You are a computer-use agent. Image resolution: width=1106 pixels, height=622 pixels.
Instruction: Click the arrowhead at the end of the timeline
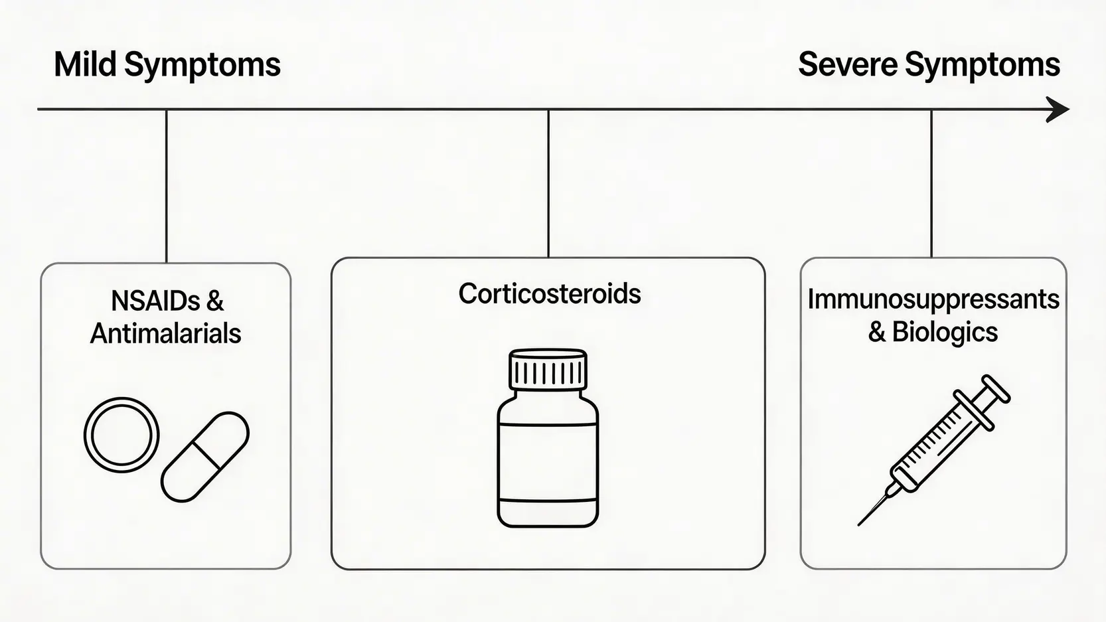pos(1058,110)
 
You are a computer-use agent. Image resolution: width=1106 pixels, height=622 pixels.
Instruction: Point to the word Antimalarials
pos(165,334)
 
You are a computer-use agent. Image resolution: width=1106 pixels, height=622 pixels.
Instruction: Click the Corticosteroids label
pos(549,294)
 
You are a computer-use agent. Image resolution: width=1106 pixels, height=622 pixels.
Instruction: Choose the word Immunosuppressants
pos(933,300)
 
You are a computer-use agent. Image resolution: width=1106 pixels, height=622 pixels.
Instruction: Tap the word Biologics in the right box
pos(945,332)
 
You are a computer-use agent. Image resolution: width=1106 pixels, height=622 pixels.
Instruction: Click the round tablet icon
pos(121,435)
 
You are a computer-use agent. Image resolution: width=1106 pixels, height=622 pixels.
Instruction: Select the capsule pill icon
pos(205,457)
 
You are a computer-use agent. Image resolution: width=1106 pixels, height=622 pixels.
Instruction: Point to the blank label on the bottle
pos(548,461)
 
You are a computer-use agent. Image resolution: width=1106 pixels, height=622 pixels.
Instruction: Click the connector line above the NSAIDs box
pos(166,186)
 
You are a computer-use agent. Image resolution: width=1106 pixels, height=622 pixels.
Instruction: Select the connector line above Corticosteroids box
pos(548,183)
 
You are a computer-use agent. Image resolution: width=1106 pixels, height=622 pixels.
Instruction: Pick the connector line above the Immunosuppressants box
pos(931,183)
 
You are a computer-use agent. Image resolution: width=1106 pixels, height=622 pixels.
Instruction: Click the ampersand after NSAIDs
pos(214,301)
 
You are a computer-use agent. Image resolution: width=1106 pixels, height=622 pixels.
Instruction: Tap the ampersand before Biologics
pos(877,332)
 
